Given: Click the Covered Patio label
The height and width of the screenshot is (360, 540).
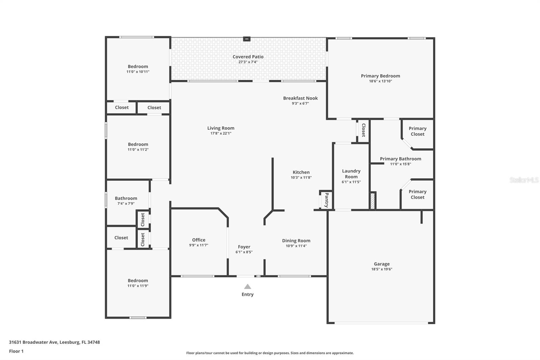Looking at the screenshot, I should pos(248,57).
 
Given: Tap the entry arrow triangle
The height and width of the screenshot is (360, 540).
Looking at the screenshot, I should pos(247,287).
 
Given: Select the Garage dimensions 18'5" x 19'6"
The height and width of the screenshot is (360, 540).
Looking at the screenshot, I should pos(382,269).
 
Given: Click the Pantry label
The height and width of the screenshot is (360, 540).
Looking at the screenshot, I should pos(326,200).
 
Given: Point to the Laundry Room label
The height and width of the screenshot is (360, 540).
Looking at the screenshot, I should pos(351,174).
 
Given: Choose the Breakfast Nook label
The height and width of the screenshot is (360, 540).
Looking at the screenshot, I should pos(300,98).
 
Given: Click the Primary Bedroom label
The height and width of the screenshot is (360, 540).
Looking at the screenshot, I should pos(380,76).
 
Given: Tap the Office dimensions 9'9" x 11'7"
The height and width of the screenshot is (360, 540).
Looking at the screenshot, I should pos(198,245).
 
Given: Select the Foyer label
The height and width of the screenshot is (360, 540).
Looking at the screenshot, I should pos(244,247).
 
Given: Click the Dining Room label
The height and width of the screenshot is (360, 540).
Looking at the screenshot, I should pos(296,241).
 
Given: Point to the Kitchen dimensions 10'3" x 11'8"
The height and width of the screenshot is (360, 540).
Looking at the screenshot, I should pos(301,177).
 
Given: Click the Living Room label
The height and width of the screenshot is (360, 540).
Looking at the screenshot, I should pos(221,128).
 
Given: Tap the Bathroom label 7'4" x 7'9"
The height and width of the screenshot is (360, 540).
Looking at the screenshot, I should pos(126,199).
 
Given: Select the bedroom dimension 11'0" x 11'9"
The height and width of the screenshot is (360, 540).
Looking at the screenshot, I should pos(138,286).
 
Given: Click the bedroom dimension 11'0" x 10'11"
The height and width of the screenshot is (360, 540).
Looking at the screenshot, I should pos(138,72).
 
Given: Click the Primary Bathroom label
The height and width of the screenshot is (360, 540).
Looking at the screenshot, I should pos(400,159).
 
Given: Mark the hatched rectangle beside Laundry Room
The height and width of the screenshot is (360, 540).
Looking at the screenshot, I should pos(373,201).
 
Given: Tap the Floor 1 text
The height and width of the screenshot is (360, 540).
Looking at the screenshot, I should pos(16,351).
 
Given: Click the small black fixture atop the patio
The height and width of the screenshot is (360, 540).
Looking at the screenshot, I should pos(247,39).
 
